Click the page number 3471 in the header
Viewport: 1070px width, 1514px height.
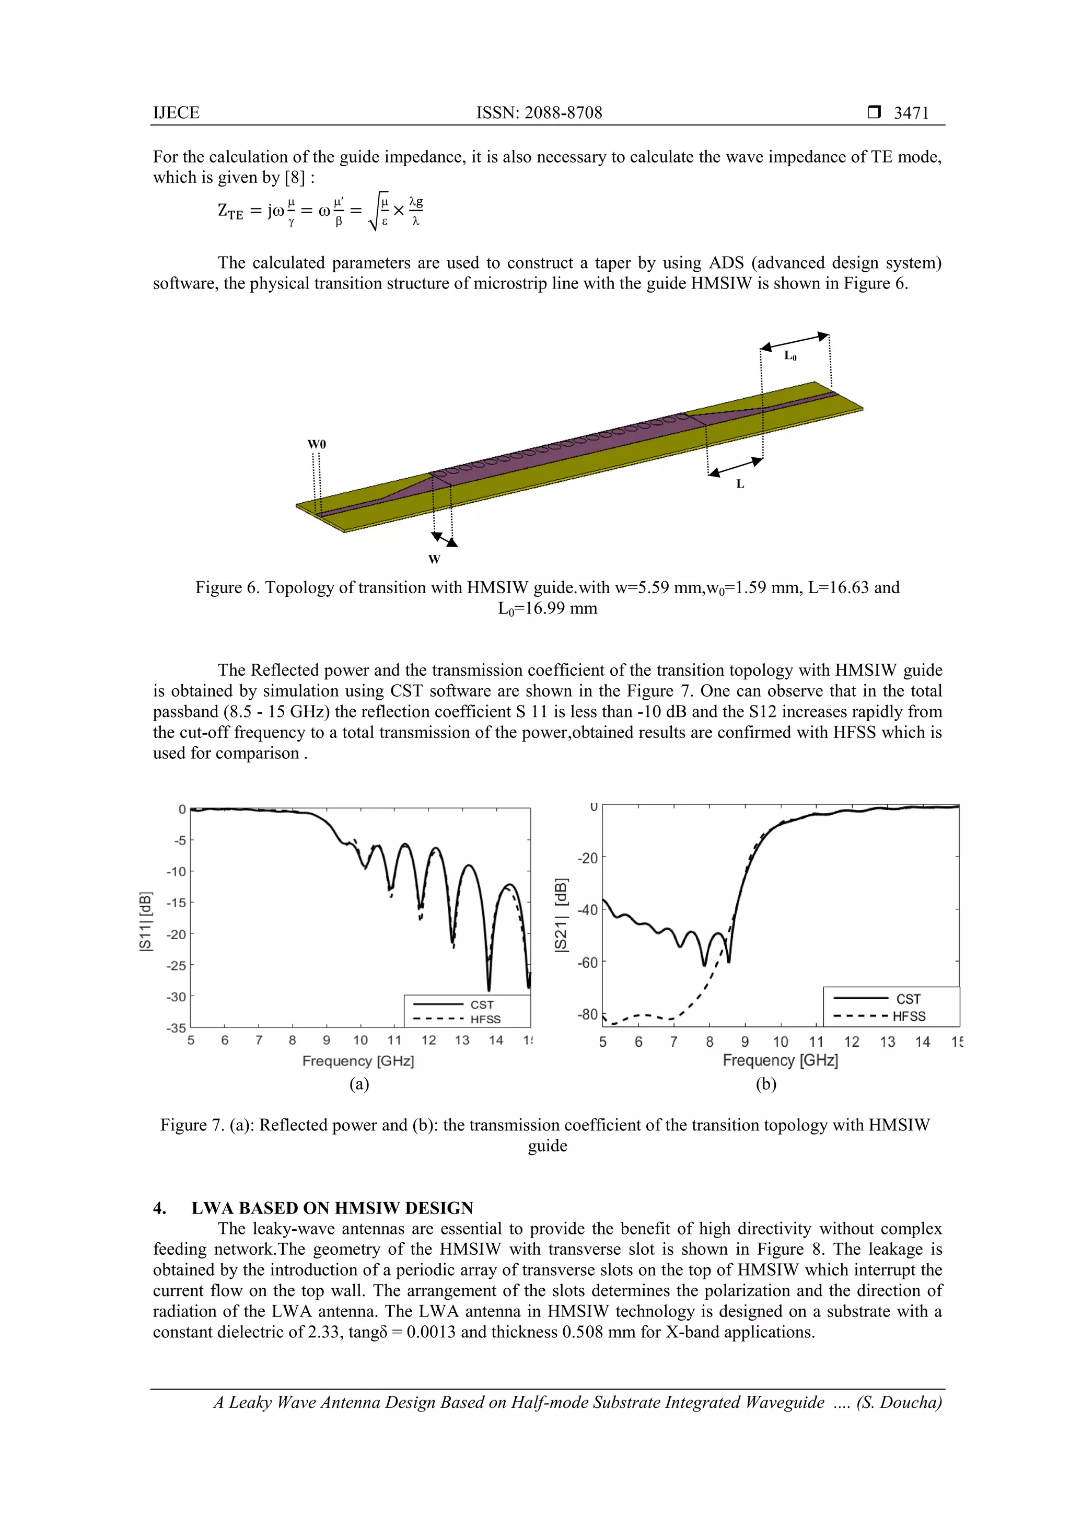point(911,113)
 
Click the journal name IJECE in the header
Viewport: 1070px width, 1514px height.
point(176,113)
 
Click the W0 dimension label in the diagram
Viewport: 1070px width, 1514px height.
point(317,444)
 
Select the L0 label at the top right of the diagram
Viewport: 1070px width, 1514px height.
point(790,356)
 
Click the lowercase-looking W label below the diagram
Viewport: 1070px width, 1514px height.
point(434,560)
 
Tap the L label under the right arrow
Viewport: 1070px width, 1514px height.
point(740,484)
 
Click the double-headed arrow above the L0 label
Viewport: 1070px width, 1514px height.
point(795,342)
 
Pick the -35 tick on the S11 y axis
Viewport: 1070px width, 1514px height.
point(176,1028)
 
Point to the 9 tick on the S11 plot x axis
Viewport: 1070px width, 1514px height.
point(327,1041)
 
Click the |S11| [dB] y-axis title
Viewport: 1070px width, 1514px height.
point(146,921)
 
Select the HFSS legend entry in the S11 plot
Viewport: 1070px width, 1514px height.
point(485,1020)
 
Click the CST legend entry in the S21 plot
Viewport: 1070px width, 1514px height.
point(908,999)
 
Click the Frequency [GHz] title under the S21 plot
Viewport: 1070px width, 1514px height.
point(780,1060)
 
